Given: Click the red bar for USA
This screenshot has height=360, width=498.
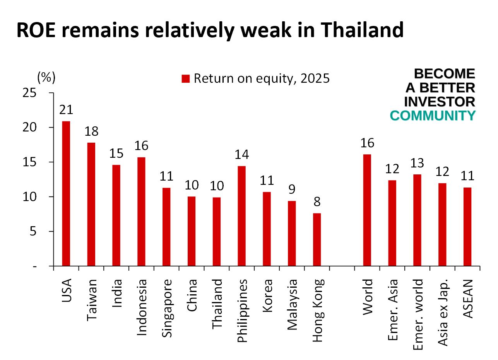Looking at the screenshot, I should (x=66, y=193).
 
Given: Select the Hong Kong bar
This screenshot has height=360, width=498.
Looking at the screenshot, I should (x=317, y=239).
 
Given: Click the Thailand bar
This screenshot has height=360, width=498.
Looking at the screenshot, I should (x=217, y=232).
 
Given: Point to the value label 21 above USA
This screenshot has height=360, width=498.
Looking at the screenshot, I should (x=66, y=110).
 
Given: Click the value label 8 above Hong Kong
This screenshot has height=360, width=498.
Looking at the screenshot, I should (x=317, y=202).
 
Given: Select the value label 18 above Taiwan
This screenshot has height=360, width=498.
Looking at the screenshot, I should (x=91, y=131).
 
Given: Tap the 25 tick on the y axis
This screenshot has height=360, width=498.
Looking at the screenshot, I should (x=29, y=93).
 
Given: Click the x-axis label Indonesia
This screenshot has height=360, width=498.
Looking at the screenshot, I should (x=142, y=307).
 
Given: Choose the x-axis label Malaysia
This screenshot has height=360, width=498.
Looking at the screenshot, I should (x=292, y=305).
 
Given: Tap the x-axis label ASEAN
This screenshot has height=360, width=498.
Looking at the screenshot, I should (x=468, y=298).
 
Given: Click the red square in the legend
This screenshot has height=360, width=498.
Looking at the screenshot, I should (x=186, y=79).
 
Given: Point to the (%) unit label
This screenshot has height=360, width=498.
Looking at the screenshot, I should (x=46, y=77).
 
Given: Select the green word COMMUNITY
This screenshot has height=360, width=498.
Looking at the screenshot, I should (x=432, y=116).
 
